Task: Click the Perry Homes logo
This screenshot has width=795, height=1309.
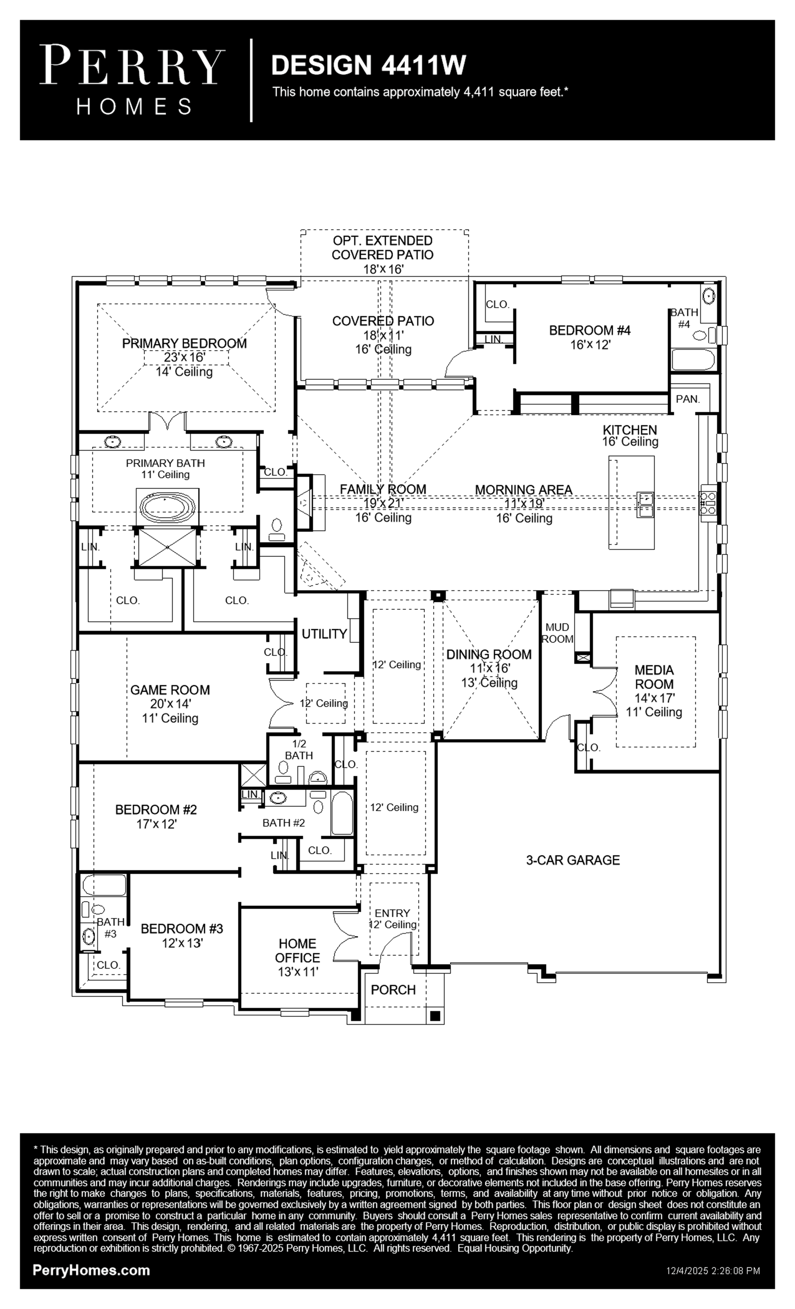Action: (132, 80)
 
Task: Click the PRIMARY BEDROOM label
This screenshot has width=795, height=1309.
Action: (184, 343)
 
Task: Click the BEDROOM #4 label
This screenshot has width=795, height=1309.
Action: (590, 330)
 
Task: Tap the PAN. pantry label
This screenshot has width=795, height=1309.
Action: (688, 399)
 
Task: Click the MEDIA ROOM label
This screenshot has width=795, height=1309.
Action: (654, 677)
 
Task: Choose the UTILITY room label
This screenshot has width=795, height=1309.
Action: (324, 634)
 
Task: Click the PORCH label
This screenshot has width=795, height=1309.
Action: (393, 990)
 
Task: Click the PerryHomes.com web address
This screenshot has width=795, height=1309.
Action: (91, 1270)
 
